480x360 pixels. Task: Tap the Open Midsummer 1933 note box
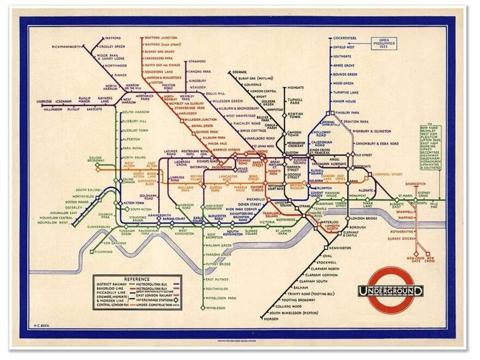tap(386, 43)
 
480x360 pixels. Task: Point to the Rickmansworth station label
tap(66, 47)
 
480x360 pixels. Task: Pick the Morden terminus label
tap(271, 319)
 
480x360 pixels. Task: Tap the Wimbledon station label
tap(215, 308)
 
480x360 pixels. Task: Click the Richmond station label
tap(103, 251)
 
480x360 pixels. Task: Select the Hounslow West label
tap(53, 223)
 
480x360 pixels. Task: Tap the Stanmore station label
tap(197, 62)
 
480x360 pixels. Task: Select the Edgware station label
tap(239, 71)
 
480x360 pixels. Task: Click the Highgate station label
tap(295, 87)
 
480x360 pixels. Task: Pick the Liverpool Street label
tap(388, 175)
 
